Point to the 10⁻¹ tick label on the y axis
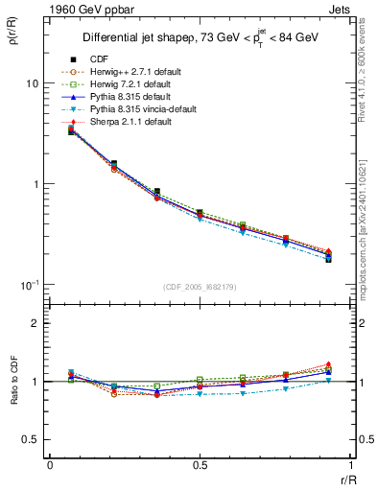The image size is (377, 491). [x=29, y=284]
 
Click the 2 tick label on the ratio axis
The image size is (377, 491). [x=35, y=324]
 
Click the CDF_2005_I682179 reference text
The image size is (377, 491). [x=200, y=287]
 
